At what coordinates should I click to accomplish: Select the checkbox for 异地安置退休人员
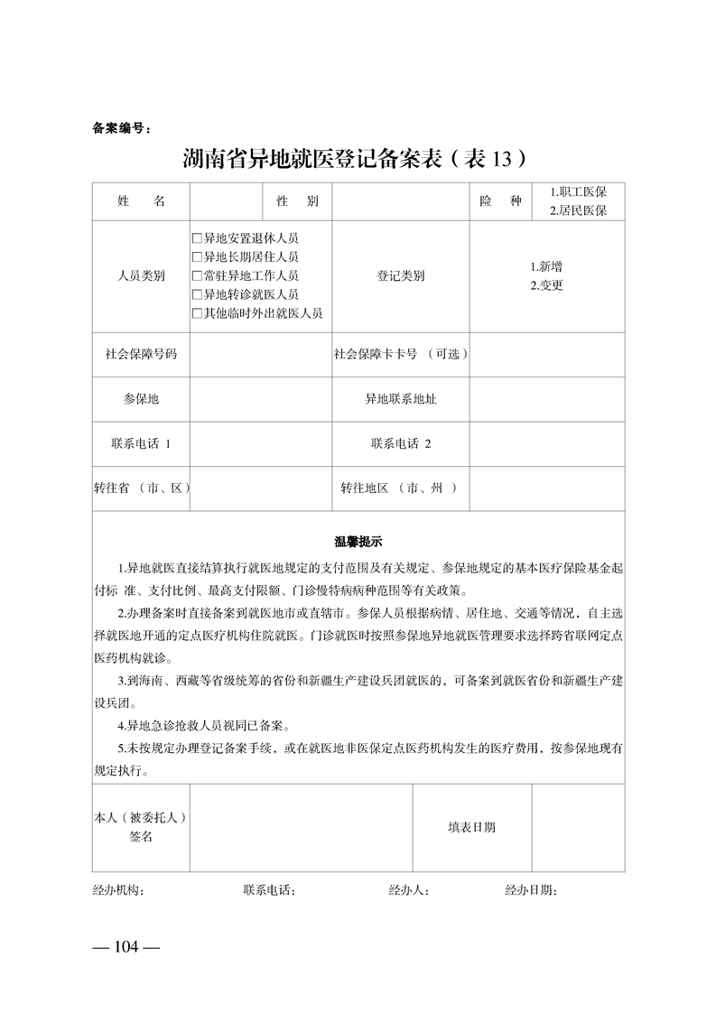click(x=197, y=239)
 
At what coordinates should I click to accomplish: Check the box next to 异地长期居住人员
click(x=197, y=257)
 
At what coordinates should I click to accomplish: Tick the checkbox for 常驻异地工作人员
click(x=197, y=276)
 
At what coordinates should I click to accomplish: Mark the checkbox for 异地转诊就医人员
click(x=197, y=294)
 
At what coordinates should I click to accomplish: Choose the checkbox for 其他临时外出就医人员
click(x=197, y=313)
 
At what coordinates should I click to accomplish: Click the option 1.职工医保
click(x=578, y=192)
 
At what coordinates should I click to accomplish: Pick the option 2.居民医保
click(x=578, y=211)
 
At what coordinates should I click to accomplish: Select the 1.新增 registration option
click(x=547, y=267)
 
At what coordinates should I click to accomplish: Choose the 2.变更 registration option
click(x=547, y=285)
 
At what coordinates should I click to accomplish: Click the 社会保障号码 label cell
click(x=141, y=354)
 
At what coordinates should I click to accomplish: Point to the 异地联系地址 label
click(x=401, y=398)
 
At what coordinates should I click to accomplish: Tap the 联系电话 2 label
click(x=401, y=443)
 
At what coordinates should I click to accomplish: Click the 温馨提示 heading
click(x=358, y=542)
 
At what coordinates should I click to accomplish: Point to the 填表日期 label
click(x=471, y=827)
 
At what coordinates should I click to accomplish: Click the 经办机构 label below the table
click(x=117, y=891)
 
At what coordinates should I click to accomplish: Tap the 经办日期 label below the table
click(x=531, y=891)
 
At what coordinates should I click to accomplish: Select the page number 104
click(x=126, y=947)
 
